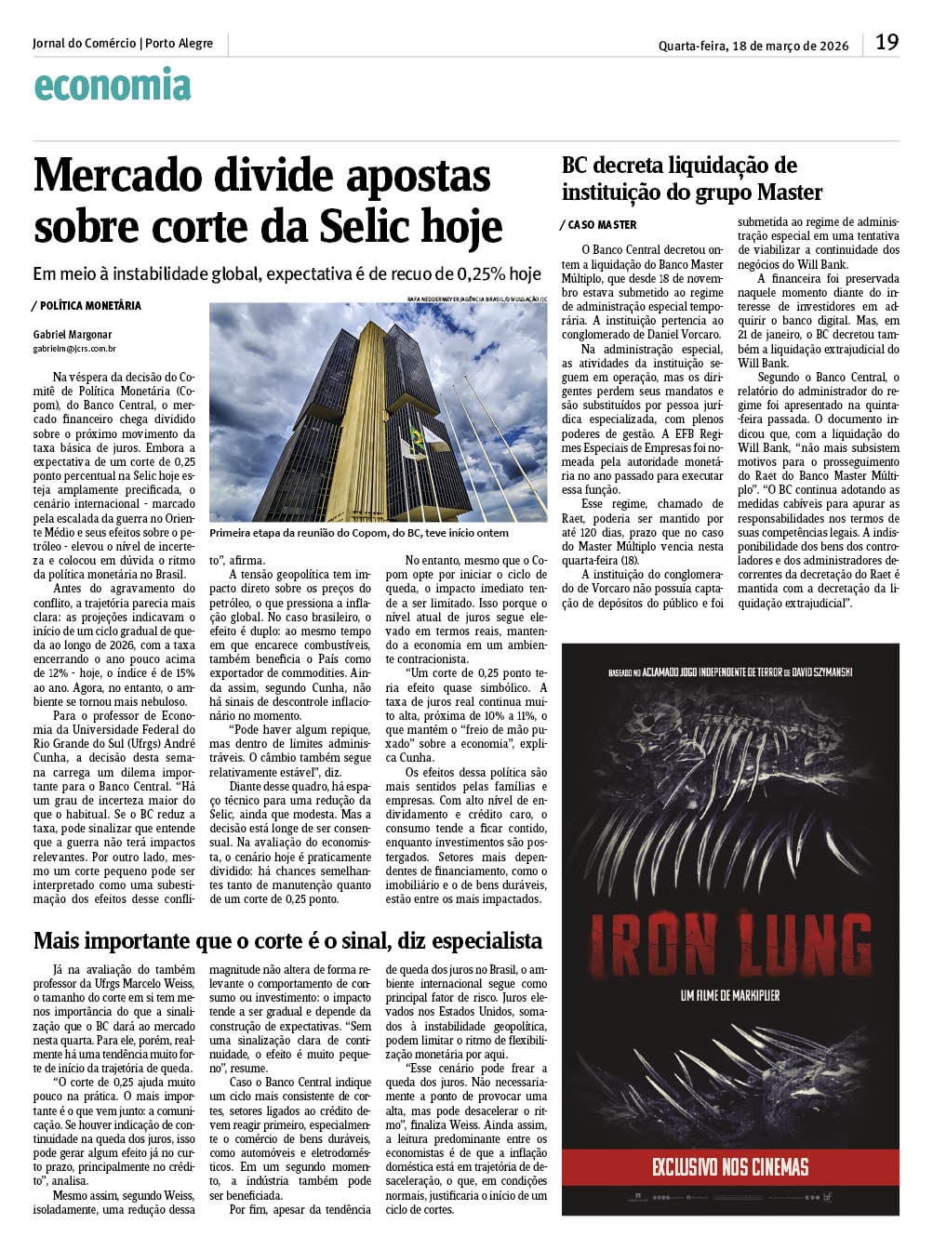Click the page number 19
point(886,43)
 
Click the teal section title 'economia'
point(112,86)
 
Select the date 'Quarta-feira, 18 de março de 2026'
point(753,46)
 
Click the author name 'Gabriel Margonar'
point(73,334)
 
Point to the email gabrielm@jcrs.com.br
point(74,349)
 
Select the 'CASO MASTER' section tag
point(602,225)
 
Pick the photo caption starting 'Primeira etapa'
point(360,533)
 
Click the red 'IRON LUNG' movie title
point(729,940)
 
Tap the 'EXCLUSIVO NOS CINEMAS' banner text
point(730,1166)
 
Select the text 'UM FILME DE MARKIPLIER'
point(729,996)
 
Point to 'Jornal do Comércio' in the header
point(84,44)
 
